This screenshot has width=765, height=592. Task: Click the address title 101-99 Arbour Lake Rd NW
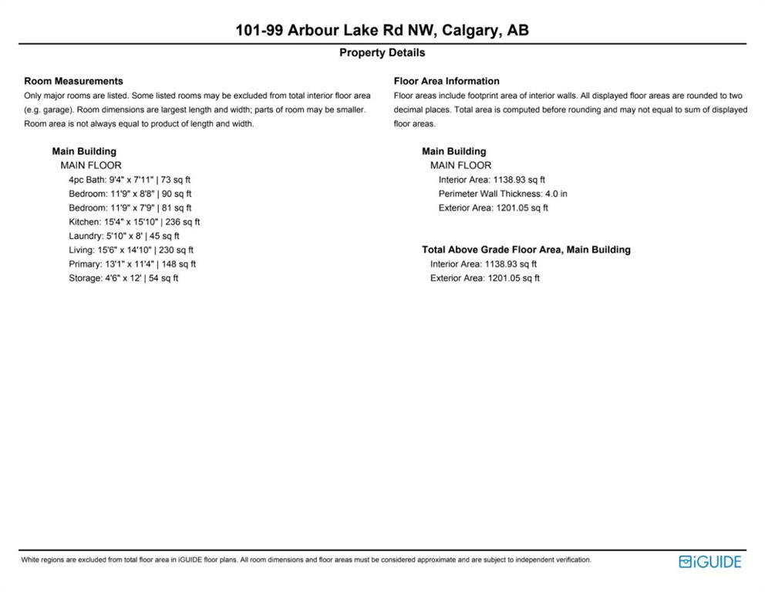(382, 30)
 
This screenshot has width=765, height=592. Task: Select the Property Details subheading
(382, 52)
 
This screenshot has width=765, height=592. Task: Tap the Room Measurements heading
(73, 81)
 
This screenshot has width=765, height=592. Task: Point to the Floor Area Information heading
(447, 81)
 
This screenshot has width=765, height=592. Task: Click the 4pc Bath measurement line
(130, 180)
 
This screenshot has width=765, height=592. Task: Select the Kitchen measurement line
(134, 222)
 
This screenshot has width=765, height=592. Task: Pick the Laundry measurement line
(123, 236)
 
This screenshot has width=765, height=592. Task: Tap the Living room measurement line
(131, 250)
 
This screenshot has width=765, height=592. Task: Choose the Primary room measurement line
(132, 264)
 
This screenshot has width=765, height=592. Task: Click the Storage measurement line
(123, 277)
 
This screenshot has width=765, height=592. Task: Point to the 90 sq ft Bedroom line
(130, 193)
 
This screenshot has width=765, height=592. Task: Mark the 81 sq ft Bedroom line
(130, 207)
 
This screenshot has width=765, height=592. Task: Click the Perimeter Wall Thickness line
(503, 193)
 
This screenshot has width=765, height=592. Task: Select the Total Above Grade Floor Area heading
(526, 250)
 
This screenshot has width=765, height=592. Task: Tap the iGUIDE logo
(709, 561)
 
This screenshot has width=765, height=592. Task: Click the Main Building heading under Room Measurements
(84, 151)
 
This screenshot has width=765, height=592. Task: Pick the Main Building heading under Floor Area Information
(454, 151)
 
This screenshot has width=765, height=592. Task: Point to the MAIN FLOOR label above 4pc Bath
(91, 165)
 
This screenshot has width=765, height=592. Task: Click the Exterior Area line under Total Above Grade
(485, 277)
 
